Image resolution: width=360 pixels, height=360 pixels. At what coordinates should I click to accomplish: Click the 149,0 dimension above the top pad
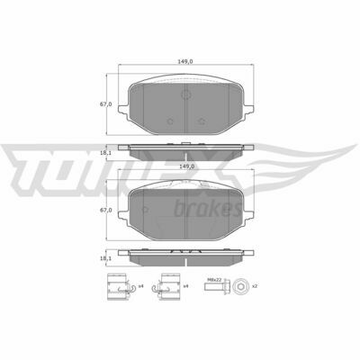coord(186,61)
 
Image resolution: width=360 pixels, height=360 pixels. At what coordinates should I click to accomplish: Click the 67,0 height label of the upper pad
coord(105,104)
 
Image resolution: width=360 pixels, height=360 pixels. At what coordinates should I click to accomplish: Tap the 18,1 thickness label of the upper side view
coord(105,153)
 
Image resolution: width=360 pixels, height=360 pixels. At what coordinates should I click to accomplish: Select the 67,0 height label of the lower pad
coord(105,211)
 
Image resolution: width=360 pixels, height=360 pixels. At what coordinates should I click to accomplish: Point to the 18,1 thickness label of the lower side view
coord(105,258)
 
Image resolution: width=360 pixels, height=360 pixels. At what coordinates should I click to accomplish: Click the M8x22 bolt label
coord(214,279)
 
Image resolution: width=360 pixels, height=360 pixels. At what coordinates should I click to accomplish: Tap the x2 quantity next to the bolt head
coord(255,286)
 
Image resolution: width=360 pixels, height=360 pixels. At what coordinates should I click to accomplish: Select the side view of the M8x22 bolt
coord(217,286)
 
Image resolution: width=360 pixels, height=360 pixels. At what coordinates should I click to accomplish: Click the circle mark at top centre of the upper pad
coord(186,94)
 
